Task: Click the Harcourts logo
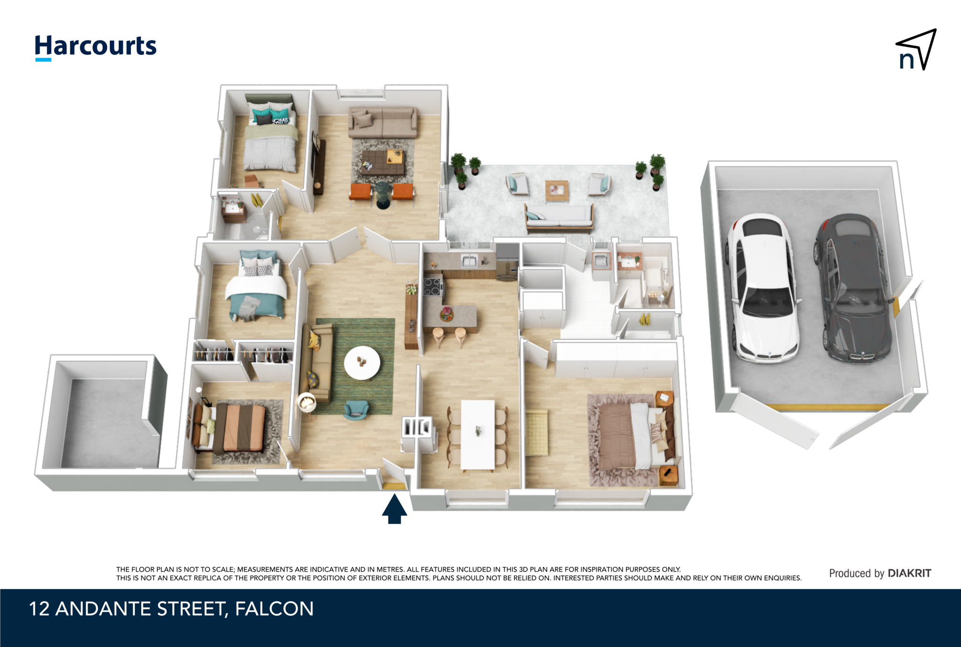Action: point(96,47)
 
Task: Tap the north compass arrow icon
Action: point(917,50)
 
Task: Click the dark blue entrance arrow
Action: point(394,509)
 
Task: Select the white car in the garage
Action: point(763,287)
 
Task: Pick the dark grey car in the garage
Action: point(853,288)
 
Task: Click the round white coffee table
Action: point(362,363)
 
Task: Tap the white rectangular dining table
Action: point(478,435)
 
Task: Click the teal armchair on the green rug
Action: point(356,410)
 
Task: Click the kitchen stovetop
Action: point(433,286)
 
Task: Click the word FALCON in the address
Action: point(274,609)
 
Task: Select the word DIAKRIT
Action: point(909,573)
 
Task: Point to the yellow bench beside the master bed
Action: point(536,433)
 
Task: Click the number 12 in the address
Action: point(39,609)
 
